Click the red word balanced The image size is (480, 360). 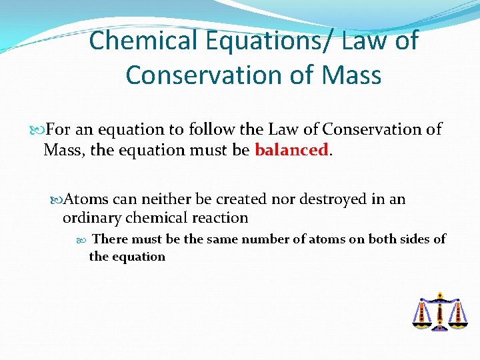coord(291,150)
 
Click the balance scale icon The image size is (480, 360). coord(439,311)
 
